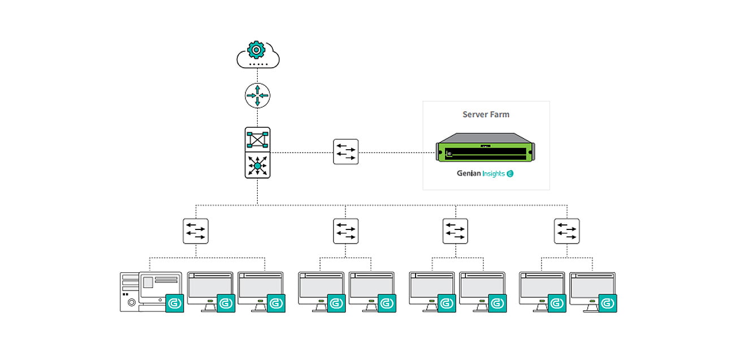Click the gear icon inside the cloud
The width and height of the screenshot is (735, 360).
point(256,50)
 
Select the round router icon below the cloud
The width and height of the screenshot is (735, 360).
point(258,96)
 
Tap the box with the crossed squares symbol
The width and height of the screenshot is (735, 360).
point(258,140)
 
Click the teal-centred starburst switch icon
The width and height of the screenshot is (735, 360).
point(258,166)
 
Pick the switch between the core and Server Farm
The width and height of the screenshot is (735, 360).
point(346,152)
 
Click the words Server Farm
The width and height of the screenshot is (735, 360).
point(486,114)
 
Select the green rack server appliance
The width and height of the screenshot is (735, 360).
point(485,147)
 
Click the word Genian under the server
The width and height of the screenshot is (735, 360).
point(469,173)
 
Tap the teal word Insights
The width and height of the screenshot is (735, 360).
point(494,174)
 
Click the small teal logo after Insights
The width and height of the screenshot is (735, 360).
point(510,174)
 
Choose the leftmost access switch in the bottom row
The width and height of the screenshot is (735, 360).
point(196,231)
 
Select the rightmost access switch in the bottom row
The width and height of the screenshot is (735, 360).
point(567,231)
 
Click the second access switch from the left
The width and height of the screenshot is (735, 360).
point(346,231)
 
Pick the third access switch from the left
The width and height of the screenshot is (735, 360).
point(455,231)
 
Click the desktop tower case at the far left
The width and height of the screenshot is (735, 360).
point(129,292)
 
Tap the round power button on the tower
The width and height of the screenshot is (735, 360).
point(131,302)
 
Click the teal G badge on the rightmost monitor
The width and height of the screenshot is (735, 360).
point(608,303)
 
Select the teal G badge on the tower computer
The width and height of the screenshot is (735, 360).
point(175,303)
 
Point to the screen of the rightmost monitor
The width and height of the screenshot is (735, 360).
point(593,286)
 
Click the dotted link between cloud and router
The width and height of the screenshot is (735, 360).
point(257,76)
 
